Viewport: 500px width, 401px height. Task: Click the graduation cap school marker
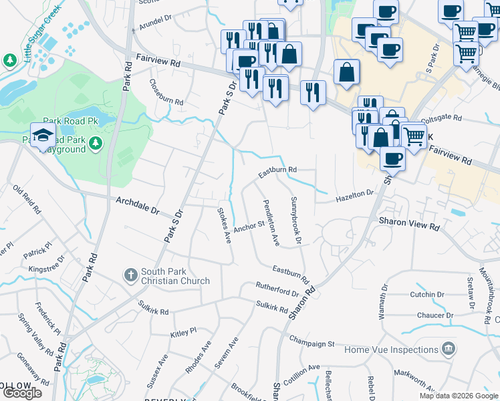[43, 134]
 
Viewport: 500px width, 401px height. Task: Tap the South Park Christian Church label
[176, 276]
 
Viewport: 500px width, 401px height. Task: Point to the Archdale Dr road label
[138, 205]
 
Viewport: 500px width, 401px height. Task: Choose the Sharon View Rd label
[408, 224]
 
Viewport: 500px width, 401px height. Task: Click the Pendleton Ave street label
[271, 223]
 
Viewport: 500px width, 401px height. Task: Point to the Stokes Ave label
[223, 225]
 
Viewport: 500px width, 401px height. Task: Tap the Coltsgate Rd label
[439, 118]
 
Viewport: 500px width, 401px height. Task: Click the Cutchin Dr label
[427, 294]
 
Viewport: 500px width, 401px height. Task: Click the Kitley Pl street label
[184, 331]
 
